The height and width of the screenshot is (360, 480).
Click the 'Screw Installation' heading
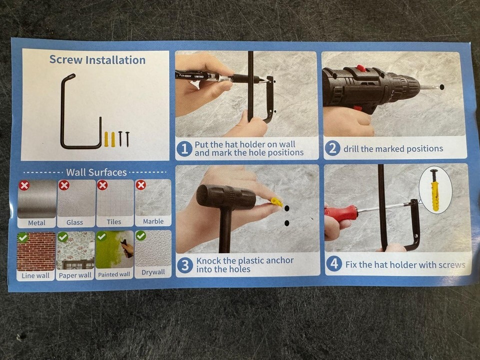click(97, 59)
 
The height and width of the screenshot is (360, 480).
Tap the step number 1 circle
click(184, 149)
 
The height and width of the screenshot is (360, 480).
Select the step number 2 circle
click(332, 148)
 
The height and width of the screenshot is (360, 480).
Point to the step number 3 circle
click(185, 265)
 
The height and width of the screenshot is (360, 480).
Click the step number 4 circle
click(334, 264)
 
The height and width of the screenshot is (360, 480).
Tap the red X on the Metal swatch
click(24, 185)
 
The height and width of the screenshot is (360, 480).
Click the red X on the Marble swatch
click(141, 185)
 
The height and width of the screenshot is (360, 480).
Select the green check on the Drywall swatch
click(141, 235)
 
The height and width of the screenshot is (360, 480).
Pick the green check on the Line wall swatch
click(23, 237)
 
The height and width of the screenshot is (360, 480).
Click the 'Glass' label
click(74, 222)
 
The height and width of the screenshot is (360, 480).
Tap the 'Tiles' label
click(114, 221)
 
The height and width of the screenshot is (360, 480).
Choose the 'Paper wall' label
click(75, 275)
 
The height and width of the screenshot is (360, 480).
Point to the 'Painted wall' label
click(114, 274)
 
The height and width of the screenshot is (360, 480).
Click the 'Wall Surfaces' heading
click(96, 172)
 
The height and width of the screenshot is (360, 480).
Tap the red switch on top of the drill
click(361, 68)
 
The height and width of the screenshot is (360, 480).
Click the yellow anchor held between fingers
click(276, 202)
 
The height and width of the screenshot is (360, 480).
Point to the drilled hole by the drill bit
click(441, 86)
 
